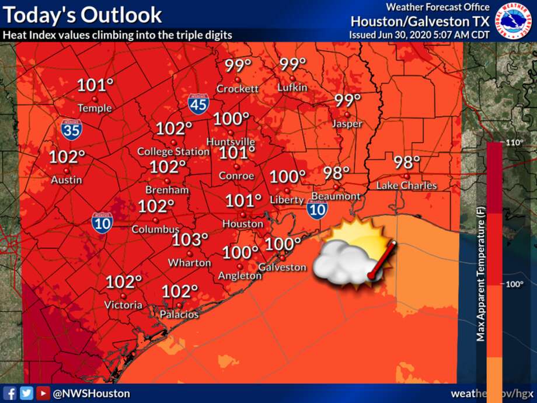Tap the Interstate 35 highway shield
tap(71, 130)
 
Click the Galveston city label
tap(283, 267)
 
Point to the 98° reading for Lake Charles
tap(407, 162)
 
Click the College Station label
tap(173, 152)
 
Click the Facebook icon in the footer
tap(10, 393)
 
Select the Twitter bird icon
tap(26, 393)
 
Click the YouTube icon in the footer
tap(43, 393)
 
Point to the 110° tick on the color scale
tap(514, 143)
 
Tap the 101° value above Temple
tap(95, 86)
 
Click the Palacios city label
tap(180, 314)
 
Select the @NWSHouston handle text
tap(92, 394)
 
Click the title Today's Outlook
tap(82, 15)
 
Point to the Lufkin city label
tap(292, 88)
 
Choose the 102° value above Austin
tap(67, 158)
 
